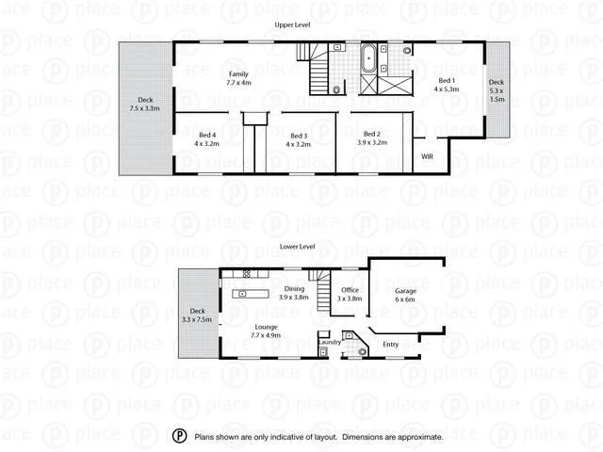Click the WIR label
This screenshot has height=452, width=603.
(427, 155)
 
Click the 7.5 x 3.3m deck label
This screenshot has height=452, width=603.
(145, 105)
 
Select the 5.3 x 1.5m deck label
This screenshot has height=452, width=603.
(497, 89)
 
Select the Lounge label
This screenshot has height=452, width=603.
(267, 330)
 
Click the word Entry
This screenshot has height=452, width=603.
(390, 344)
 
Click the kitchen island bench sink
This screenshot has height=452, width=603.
(243, 295)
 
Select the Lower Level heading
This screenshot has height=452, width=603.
(298, 247)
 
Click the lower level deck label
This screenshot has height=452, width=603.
(198, 315)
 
